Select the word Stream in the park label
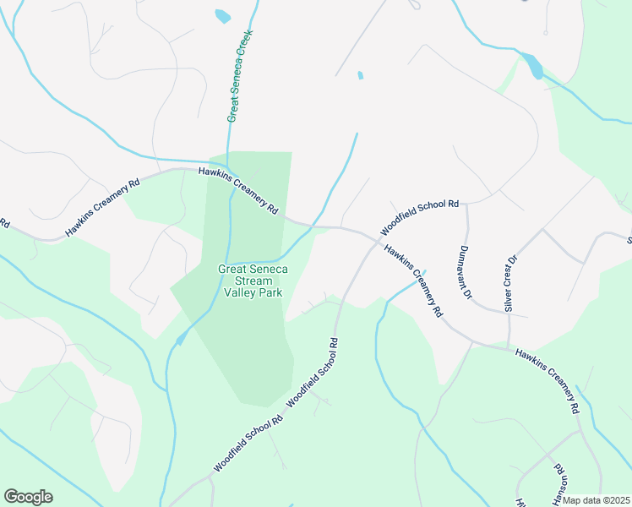(253, 281)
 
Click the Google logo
(28, 497)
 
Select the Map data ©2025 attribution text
(597, 500)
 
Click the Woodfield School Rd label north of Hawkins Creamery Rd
(419, 217)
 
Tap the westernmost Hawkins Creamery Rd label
(102, 207)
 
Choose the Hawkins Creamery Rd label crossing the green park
(239, 190)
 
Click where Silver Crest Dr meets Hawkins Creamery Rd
(509, 346)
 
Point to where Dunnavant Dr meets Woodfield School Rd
(466, 204)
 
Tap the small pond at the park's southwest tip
(181, 340)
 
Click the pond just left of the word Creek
(222, 15)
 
